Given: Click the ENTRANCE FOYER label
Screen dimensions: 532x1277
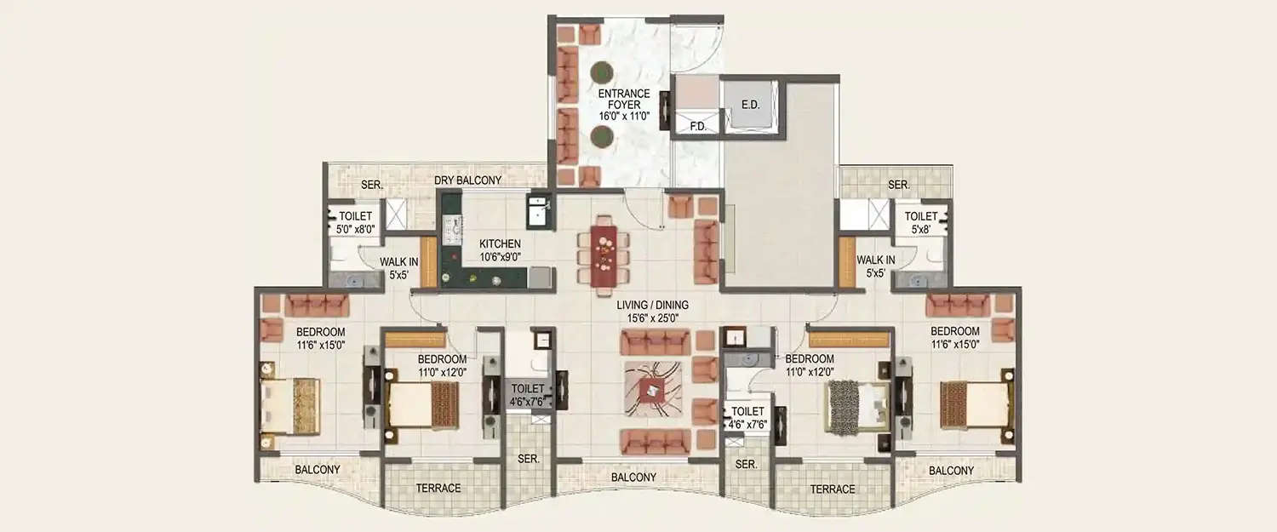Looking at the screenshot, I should pyautogui.click(x=623, y=99).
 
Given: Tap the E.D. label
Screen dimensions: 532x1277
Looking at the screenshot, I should pyautogui.click(x=750, y=105).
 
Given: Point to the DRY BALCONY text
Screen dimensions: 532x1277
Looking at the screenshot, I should pyautogui.click(x=467, y=180).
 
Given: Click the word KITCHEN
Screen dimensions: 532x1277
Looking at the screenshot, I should pyautogui.click(x=500, y=244).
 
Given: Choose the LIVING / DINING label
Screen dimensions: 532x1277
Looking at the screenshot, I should pyautogui.click(x=653, y=305).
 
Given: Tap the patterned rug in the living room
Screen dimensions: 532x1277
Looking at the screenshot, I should pyautogui.click(x=653, y=389).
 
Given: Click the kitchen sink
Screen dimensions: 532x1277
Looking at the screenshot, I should pyautogui.click(x=538, y=212).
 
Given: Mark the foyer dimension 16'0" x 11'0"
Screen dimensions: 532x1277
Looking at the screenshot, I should pyautogui.click(x=623, y=115).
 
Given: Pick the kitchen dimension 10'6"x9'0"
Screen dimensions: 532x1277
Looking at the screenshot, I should pyautogui.click(x=500, y=256).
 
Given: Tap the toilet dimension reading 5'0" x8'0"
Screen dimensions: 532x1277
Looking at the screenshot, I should pyautogui.click(x=356, y=228).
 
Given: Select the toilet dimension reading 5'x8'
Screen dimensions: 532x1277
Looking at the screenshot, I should pyautogui.click(x=920, y=228).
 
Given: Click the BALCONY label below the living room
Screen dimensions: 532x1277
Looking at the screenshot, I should pyautogui.click(x=634, y=478).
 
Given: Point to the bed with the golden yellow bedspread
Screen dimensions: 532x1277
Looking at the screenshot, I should pyautogui.click(x=289, y=405).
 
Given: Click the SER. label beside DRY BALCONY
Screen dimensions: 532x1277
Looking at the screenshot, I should pyautogui.click(x=371, y=185).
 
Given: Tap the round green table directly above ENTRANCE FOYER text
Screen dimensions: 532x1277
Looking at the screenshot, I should pyautogui.click(x=601, y=71).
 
